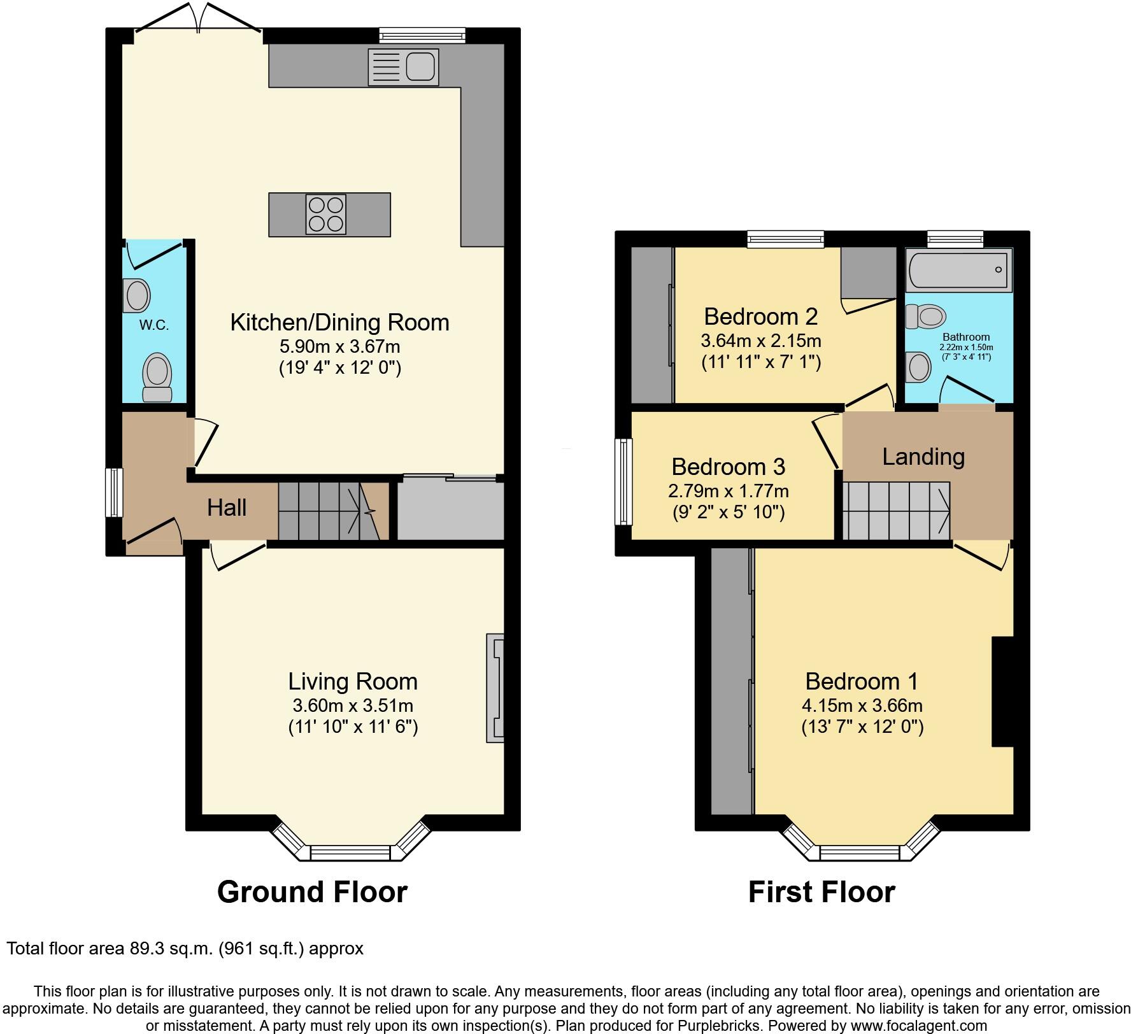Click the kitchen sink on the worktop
coord(403,67)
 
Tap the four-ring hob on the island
coord(326,215)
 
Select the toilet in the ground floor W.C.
coord(157,377)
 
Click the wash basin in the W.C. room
coord(136,295)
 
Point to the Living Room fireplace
coord(495,687)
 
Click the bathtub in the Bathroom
coord(958,270)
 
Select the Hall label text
coord(227,508)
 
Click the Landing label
coord(923,457)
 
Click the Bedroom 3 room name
coord(728,467)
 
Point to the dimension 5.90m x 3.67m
coord(339,346)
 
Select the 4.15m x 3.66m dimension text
coord(862,705)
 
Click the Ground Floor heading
coord(312,891)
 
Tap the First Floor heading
coord(822,891)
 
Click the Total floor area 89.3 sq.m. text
coord(185,949)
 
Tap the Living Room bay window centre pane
coord(350,853)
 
